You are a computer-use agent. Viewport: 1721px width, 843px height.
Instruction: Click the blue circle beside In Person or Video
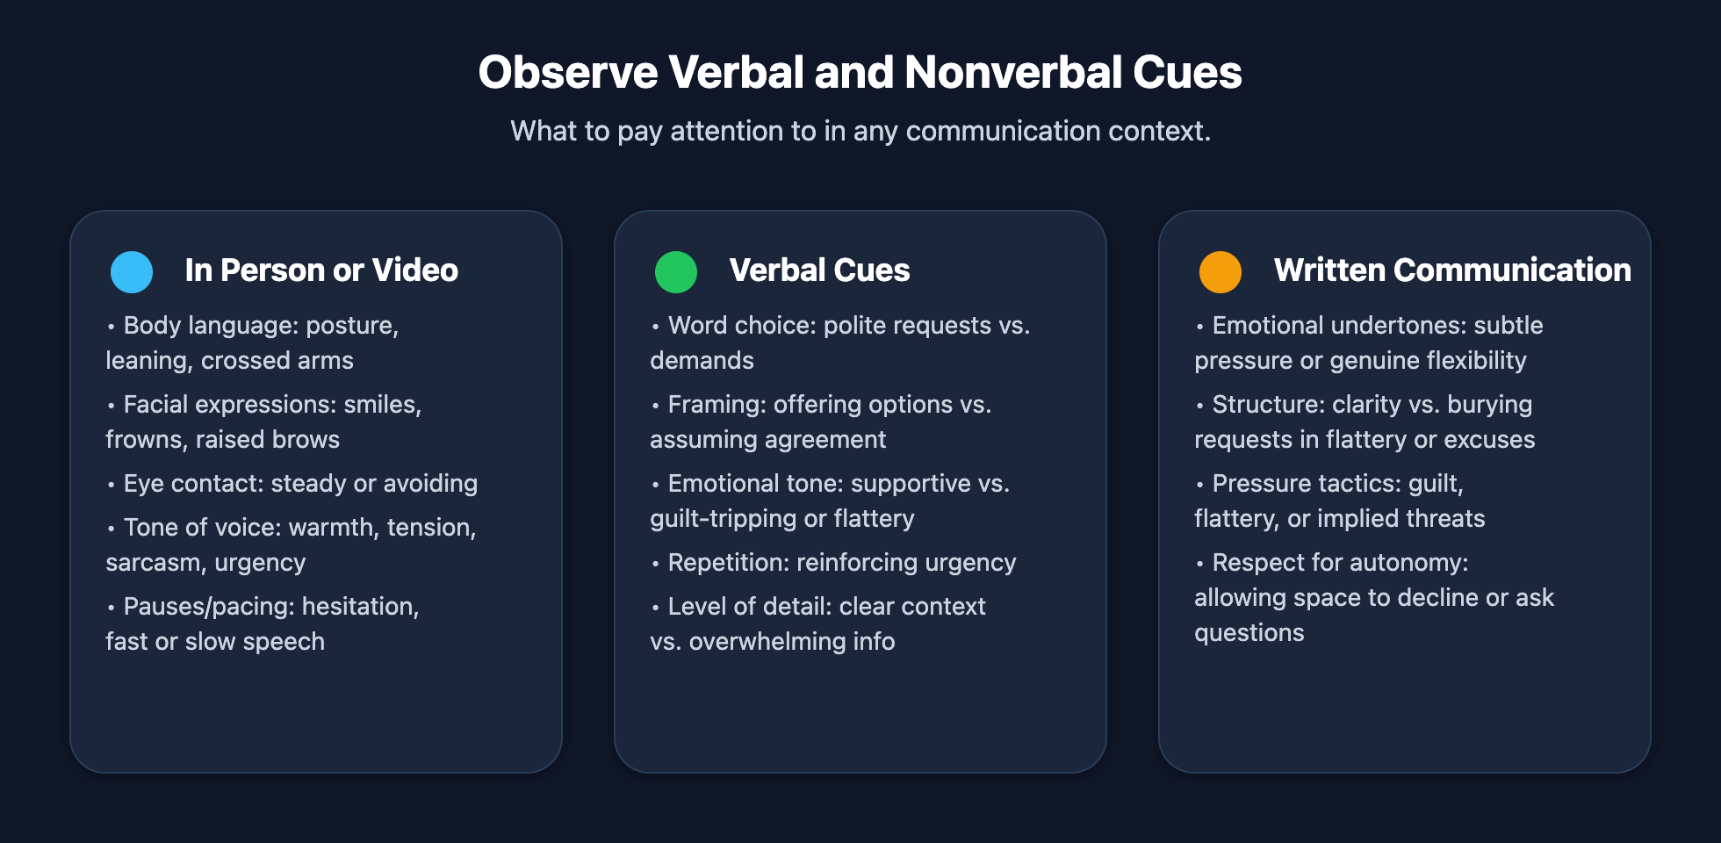click(132, 272)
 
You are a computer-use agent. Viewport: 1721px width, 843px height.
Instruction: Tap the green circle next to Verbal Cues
click(676, 272)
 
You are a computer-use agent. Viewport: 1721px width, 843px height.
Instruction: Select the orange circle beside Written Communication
click(1221, 272)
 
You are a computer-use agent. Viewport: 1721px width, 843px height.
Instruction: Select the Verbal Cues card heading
click(819, 270)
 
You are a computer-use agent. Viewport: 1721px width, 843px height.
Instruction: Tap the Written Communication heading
click(1452, 270)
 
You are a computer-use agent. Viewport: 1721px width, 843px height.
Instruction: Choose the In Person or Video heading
click(321, 270)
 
